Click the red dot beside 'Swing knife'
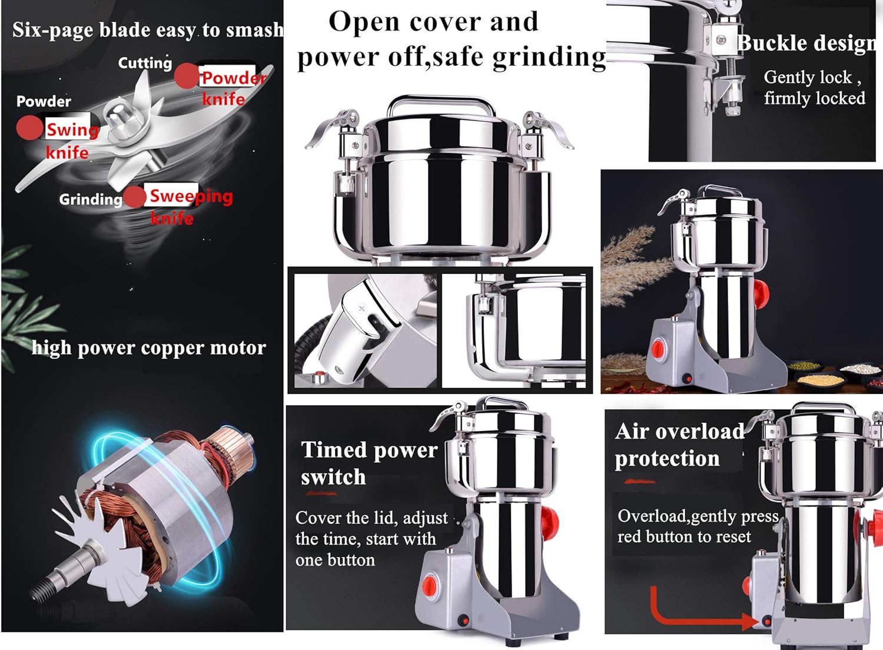point(28,128)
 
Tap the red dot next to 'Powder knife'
point(187,76)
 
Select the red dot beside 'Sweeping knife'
point(135,197)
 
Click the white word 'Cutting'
point(145,63)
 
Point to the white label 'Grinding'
point(90,200)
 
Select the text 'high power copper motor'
point(148,347)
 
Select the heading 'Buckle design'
point(806,44)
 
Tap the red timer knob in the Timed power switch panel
point(430,585)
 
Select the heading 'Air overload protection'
point(677,445)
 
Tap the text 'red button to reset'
point(684,537)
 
